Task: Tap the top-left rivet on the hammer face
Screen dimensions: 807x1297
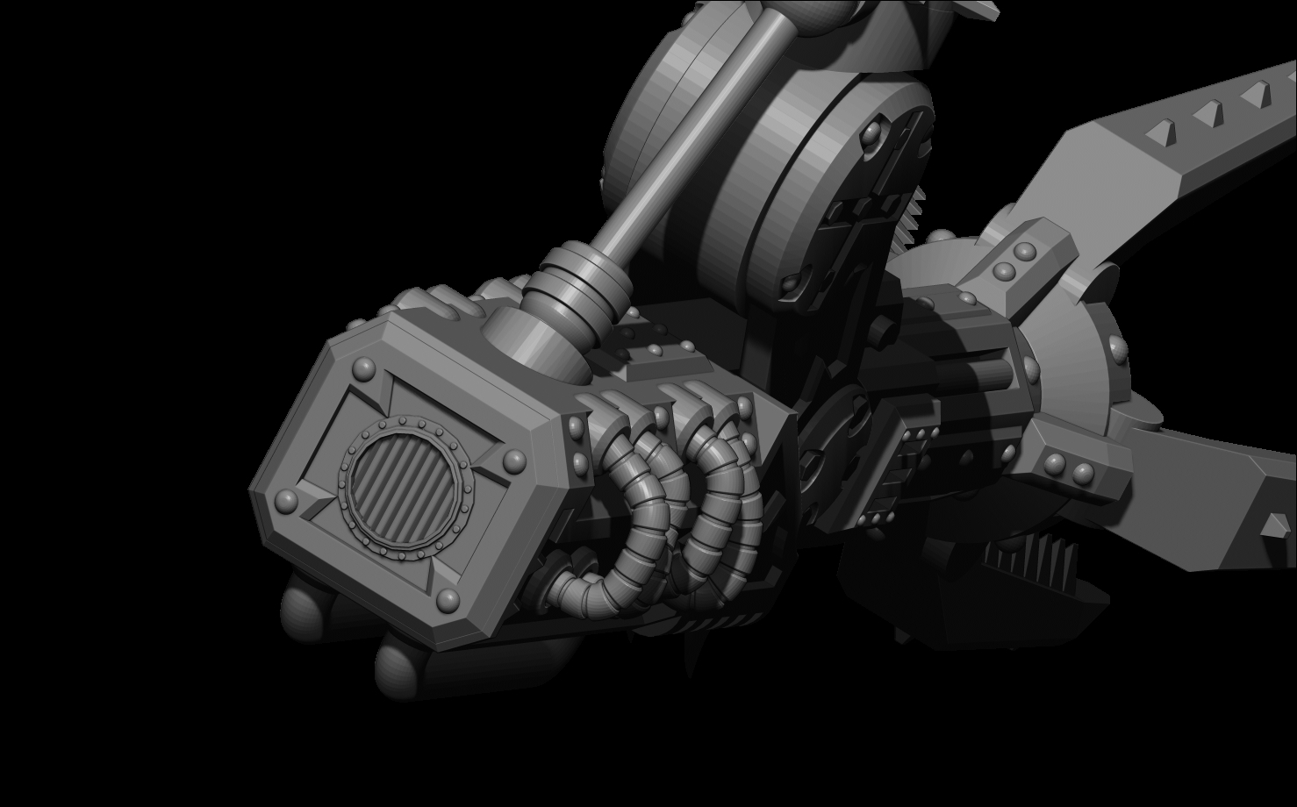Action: [362, 367]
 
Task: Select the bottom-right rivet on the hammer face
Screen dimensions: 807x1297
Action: [448, 600]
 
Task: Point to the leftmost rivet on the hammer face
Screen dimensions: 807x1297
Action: [286, 501]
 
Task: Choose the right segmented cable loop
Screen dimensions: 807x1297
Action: [720, 518]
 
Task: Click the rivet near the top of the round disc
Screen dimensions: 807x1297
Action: [871, 133]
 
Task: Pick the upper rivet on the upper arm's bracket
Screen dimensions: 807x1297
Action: [1024, 251]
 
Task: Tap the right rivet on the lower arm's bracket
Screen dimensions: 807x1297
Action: [1086, 475]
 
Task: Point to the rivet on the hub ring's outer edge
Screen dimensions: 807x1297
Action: [1117, 350]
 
